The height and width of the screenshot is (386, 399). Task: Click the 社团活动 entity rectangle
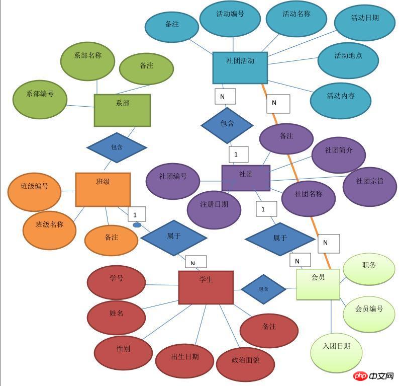point(240,67)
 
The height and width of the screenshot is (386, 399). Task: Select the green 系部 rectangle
point(122,110)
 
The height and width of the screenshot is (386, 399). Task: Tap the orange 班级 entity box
point(103,189)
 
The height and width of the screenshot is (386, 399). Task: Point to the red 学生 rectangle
point(206,287)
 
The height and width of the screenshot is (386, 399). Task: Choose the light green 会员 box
point(318,284)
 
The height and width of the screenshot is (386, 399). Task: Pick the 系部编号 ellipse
point(40,98)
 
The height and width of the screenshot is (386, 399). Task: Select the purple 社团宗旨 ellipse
point(369,186)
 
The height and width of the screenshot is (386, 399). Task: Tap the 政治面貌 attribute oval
point(245,364)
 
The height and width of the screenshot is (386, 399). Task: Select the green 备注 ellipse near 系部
point(146,69)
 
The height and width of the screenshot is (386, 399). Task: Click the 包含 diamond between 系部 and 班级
point(117,147)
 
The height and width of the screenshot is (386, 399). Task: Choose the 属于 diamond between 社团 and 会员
point(280,239)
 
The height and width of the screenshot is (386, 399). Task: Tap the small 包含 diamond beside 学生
point(263,289)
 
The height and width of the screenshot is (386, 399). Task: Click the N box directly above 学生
point(195,262)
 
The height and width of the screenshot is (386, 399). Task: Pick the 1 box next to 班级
point(137,214)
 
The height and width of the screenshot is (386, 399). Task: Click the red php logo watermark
point(358,376)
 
